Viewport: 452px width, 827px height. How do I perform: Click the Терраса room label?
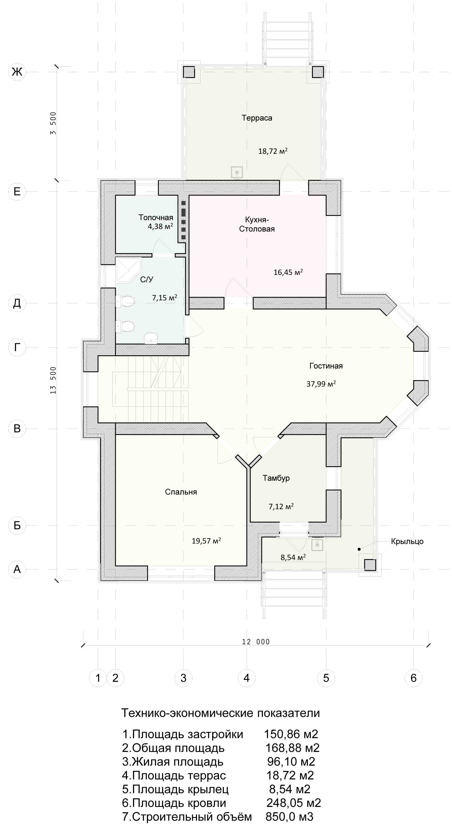257,118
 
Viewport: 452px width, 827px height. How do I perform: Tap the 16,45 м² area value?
288,272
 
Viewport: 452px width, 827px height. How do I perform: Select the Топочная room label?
156,217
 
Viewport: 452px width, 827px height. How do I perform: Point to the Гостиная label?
326,366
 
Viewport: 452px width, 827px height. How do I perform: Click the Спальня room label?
181,492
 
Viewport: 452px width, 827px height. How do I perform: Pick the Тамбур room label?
276,478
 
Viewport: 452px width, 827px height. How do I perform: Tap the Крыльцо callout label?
407,541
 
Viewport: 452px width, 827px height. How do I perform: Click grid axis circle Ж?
17,72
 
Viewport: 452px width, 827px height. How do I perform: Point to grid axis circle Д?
17,303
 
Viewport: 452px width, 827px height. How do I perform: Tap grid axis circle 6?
413,678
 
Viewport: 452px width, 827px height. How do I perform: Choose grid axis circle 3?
183,678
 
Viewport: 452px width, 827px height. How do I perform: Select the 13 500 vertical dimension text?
53,380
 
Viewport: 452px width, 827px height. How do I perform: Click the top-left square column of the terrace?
189,72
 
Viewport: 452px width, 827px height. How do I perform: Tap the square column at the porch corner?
370,565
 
